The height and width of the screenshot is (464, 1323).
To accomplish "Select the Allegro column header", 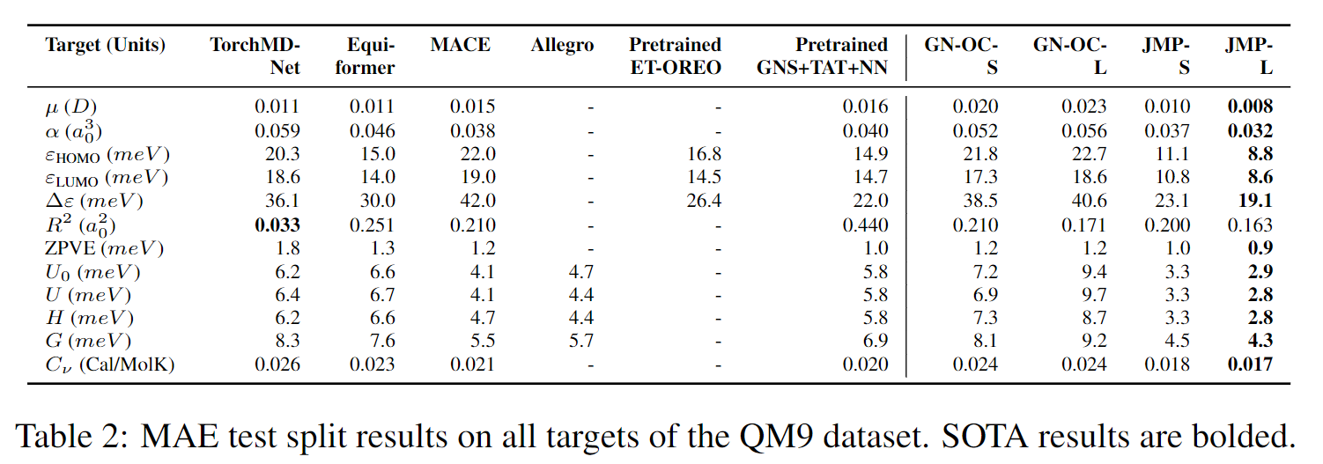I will (x=562, y=46).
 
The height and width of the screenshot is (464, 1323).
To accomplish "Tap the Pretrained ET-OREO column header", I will (x=675, y=56).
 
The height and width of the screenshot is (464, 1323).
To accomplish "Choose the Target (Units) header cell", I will (x=105, y=46).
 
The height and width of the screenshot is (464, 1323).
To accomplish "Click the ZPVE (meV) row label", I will (x=104, y=249).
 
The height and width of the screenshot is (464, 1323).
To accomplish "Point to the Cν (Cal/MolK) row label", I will (x=110, y=364).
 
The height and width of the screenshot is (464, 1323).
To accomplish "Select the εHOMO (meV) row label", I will (x=107, y=154).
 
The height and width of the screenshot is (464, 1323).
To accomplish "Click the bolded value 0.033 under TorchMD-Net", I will (x=277, y=225).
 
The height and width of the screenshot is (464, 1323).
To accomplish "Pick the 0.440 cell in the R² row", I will (x=866, y=225).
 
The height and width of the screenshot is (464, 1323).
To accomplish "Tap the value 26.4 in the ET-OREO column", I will (x=704, y=202).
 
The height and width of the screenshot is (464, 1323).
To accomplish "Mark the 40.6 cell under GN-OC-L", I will (x=1085, y=202).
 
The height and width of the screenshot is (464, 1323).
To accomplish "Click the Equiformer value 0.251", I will (x=372, y=225).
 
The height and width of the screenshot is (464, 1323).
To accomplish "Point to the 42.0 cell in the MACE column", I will (x=474, y=202).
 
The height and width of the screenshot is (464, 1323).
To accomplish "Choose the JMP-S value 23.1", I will (x=1171, y=202).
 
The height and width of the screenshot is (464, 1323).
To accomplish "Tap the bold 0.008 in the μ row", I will (x=1250, y=107).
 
